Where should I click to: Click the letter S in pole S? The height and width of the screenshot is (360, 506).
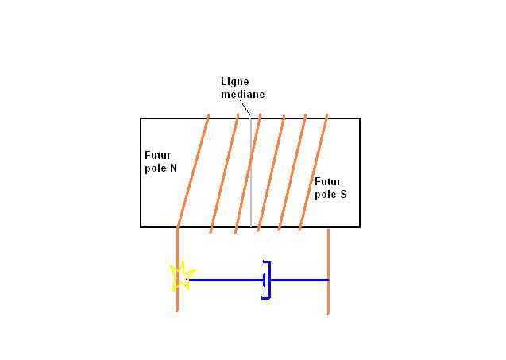click(343, 194)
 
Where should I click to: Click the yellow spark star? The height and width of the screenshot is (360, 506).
click(183, 276)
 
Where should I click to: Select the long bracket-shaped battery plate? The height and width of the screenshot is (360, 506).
click(269, 280)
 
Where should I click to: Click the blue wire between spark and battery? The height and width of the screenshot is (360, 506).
click(226, 280)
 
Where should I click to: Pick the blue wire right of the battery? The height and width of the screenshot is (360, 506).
click(299, 280)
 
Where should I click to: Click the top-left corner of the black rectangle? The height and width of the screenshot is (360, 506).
click(141, 119)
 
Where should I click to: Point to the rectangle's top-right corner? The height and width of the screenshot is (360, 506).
click(360, 119)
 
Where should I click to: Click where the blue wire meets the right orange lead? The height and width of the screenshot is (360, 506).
click(328, 280)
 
